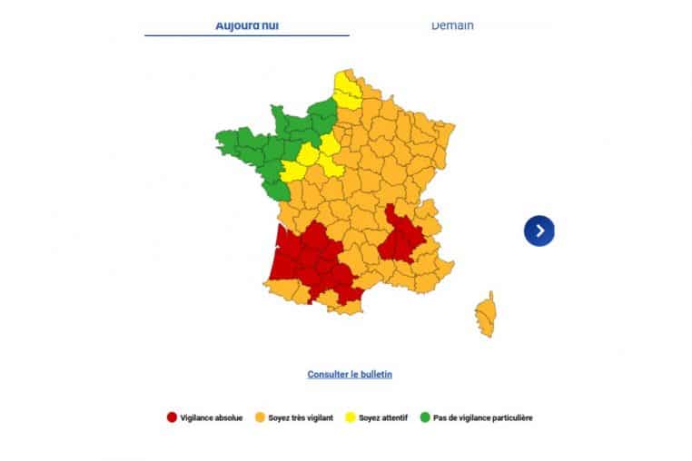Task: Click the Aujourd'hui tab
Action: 246,25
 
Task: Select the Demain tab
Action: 451,25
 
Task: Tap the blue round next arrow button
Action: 539,230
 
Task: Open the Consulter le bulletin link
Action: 350,374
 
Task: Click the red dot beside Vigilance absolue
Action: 171,417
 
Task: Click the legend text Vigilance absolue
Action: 212,417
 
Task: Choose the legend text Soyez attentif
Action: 382,417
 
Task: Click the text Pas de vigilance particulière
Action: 482,417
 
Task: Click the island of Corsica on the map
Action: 486,314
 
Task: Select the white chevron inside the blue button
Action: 540,230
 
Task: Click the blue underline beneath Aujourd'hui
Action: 246,35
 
